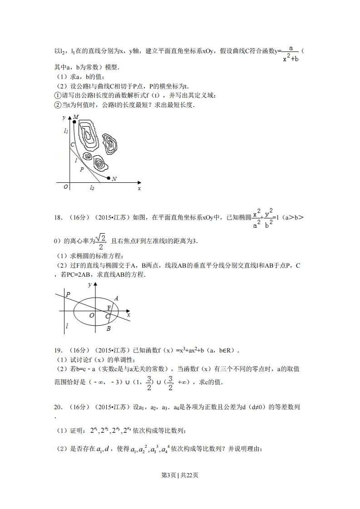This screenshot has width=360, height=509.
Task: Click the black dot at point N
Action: pyautogui.click(x=108, y=178)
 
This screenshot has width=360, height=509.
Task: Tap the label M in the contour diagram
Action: pyautogui.click(x=76, y=117)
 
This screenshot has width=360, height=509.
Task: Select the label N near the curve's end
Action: pyautogui.click(x=114, y=179)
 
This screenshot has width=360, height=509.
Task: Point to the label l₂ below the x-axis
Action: pyautogui.click(x=92, y=187)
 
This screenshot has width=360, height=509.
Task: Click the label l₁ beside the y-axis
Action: pyautogui.click(x=66, y=131)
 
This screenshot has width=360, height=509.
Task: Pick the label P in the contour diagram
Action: pyautogui.click(x=82, y=169)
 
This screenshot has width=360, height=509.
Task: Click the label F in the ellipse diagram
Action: pyautogui.click(x=109, y=308)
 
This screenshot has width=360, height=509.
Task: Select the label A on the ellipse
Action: pyautogui.click(x=116, y=298)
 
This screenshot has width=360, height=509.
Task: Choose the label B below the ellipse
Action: pyautogui.click(x=108, y=328)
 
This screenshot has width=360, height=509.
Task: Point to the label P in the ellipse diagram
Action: pyautogui.click(x=68, y=294)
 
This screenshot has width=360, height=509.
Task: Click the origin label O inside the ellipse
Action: pyautogui.click(x=92, y=315)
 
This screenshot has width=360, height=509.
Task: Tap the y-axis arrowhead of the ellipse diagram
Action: pyautogui.click(x=95, y=284)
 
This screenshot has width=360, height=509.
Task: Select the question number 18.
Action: pyautogui.click(x=58, y=217)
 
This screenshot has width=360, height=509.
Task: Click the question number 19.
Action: pyautogui.click(x=58, y=350)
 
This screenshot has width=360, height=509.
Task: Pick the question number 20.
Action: pyautogui.click(x=58, y=407)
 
